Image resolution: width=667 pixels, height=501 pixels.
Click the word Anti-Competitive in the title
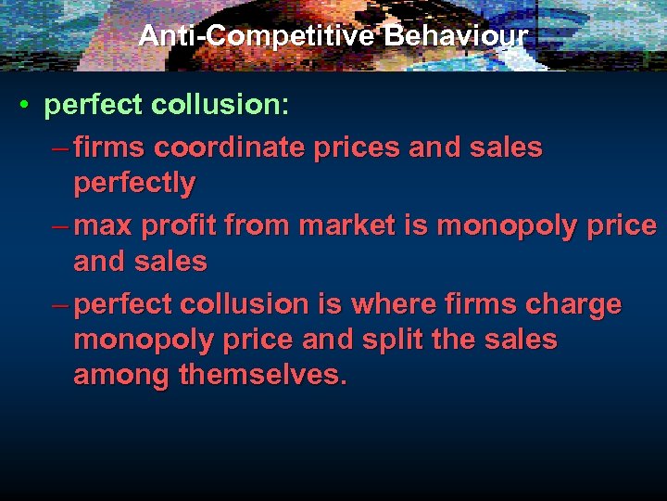tap(256, 36)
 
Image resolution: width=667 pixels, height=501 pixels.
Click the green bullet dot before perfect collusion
tap(27, 106)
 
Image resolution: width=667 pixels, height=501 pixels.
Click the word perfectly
tap(134, 184)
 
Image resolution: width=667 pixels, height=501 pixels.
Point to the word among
tap(120, 376)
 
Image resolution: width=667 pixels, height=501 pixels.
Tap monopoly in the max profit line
tap(506, 225)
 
